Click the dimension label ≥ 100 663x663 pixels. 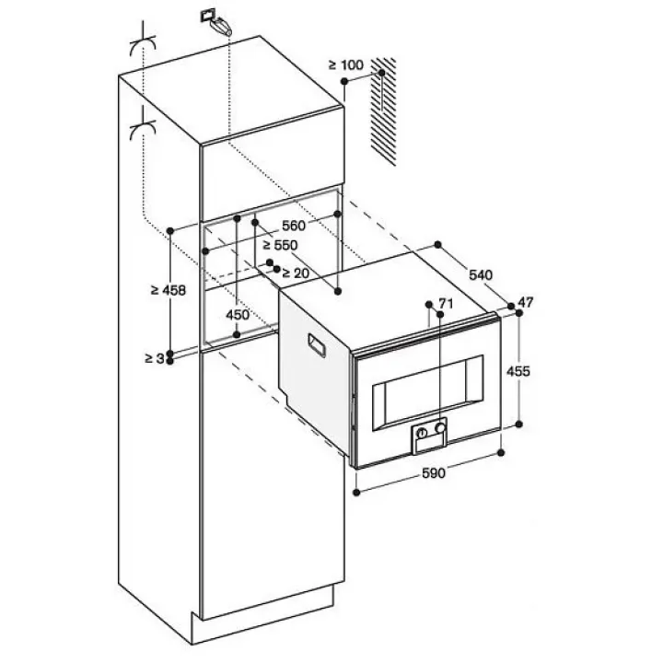coord(346,65)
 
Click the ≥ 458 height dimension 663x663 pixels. coord(168,290)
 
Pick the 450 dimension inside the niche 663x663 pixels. coord(237,316)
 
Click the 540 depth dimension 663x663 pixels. coord(480,274)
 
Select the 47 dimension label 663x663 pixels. coord(526,303)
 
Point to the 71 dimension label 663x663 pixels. coord(447,303)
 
